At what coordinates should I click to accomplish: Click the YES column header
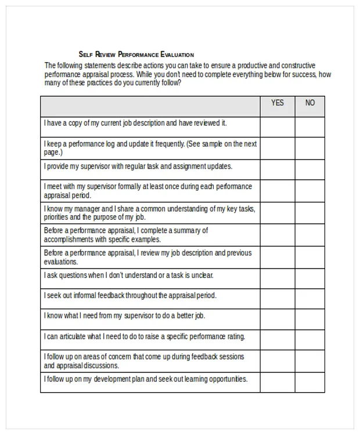278,103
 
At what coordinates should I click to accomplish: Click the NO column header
310,103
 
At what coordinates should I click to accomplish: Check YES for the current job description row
278,126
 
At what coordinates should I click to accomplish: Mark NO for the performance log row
310,148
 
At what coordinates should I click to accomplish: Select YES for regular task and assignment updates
278,169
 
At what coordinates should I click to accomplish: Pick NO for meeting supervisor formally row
310,191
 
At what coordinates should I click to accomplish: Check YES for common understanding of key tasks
278,213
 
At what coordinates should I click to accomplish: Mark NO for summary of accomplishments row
310,235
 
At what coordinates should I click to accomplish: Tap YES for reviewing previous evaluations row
278,257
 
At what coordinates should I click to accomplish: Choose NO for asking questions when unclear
310,278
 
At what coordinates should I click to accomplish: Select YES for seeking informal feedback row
278,298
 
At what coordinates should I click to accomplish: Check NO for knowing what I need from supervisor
310,319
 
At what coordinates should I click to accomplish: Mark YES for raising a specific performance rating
278,340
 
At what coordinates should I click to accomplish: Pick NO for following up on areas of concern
310,361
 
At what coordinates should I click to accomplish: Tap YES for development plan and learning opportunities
278,382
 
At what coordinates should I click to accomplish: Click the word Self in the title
85,54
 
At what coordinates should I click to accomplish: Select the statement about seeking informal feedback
129,295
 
